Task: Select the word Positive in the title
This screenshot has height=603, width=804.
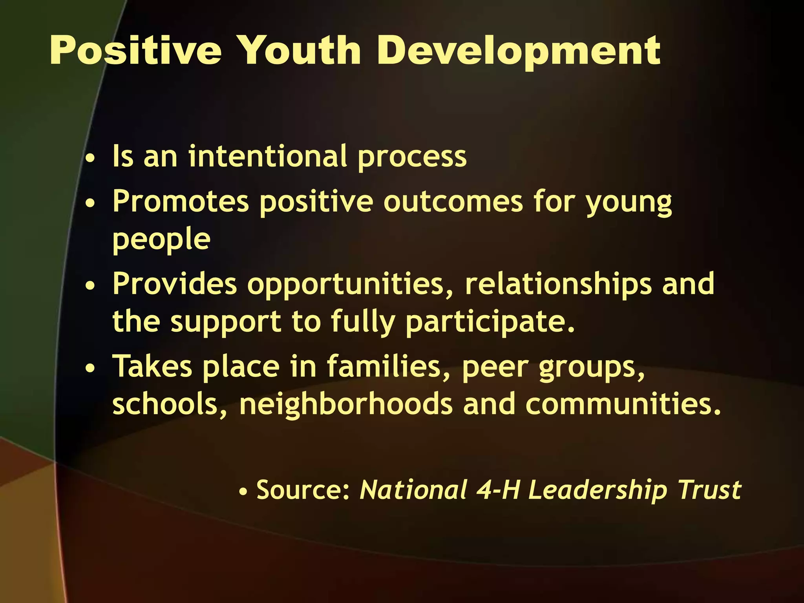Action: (136, 51)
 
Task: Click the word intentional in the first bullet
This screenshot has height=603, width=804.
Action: (267, 156)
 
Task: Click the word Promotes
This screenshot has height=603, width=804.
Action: (181, 201)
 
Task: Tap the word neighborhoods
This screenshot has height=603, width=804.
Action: (346, 404)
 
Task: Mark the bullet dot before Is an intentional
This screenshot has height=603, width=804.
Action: (90, 159)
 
